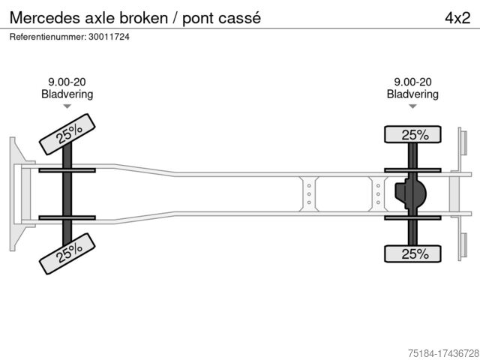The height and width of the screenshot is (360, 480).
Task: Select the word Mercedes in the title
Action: [42, 17]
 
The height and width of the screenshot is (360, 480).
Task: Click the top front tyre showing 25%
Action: [67, 134]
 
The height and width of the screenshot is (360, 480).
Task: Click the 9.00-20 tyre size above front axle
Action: [67, 82]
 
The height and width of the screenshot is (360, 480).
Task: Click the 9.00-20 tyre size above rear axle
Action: [412, 82]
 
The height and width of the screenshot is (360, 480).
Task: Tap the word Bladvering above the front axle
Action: [67, 94]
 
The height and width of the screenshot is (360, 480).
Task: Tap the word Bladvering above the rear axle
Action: [412, 94]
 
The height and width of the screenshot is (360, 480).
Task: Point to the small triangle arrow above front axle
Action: [67, 106]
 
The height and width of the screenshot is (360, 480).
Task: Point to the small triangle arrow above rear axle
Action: [412, 106]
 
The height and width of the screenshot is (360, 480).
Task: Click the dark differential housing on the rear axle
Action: [411, 194]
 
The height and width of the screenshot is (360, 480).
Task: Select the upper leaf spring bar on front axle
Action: [67, 170]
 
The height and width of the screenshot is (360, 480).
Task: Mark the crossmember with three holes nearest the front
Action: [309, 193]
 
